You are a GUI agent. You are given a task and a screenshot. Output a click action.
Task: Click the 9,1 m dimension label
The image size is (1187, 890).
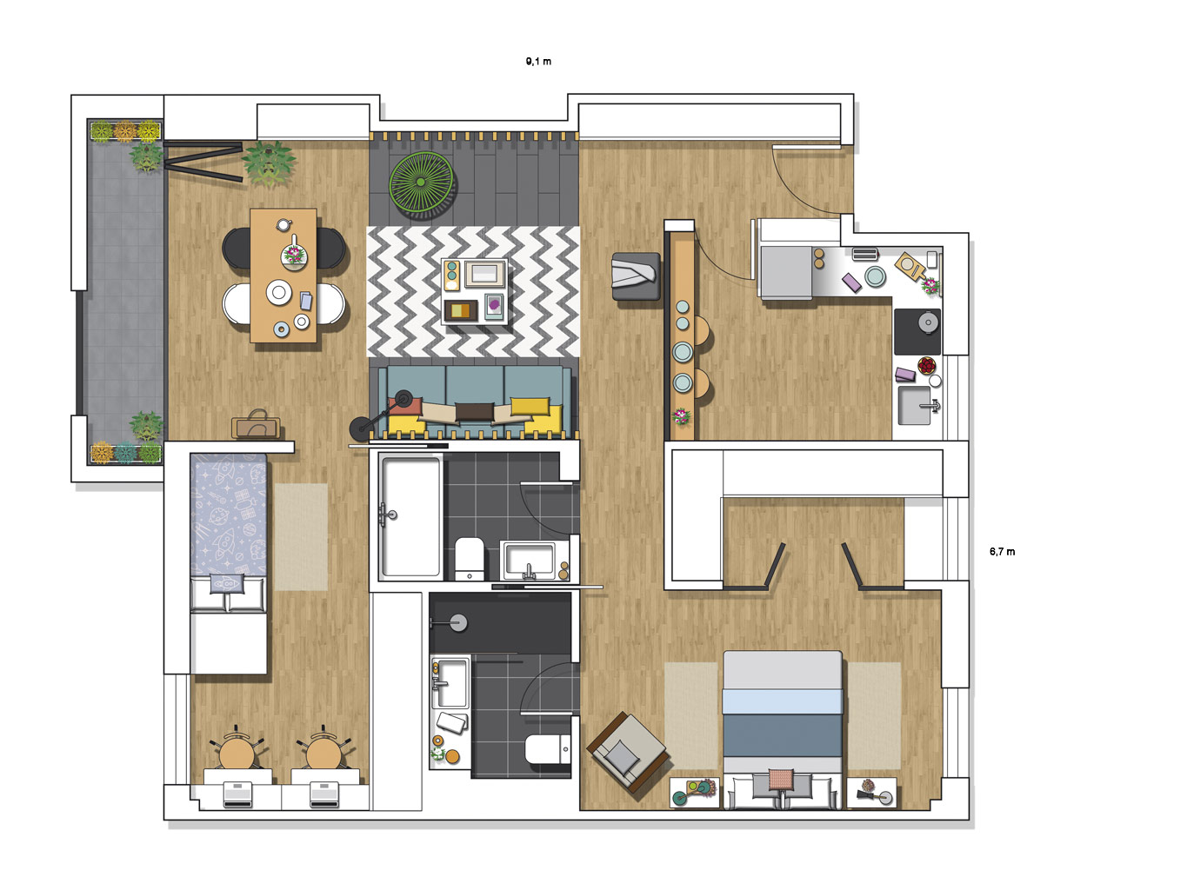tap(538, 62)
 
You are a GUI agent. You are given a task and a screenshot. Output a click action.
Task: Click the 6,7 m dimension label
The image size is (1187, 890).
tap(1002, 552)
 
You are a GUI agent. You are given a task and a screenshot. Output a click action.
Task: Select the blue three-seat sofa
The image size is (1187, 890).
tap(474, 401)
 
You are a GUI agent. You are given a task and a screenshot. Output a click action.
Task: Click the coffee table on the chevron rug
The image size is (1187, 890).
tap(474, 291)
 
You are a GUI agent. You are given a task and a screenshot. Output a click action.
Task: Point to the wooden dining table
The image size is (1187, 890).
tap(283, 276)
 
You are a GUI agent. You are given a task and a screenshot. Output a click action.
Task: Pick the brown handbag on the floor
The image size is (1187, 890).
tap(256, 425)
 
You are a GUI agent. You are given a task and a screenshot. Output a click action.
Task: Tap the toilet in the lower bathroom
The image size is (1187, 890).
tap(547, 749)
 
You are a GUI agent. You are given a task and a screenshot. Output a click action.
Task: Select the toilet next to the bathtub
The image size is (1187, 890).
tap(469, 559)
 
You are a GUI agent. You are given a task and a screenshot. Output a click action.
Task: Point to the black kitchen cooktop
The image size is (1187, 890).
tap(917, 331)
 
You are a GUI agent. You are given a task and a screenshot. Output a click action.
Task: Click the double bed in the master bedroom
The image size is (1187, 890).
tap(783, 729)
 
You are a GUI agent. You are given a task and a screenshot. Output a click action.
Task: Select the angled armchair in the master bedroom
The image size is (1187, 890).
tap(627, 752)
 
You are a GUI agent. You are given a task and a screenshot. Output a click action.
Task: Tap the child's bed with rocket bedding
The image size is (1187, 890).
tap(228, 563)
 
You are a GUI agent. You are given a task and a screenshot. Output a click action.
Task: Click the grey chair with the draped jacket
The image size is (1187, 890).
tap(636, 276)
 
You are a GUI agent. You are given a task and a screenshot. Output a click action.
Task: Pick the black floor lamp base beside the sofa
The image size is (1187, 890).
tap(360, 428)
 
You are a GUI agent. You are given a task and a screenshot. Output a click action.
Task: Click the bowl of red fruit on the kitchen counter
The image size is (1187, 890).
tap(926, 366)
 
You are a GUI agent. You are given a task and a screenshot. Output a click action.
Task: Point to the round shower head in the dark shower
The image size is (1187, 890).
tap(458, 623)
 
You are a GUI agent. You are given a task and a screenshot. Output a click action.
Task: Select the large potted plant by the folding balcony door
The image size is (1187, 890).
tap(269, 163)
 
